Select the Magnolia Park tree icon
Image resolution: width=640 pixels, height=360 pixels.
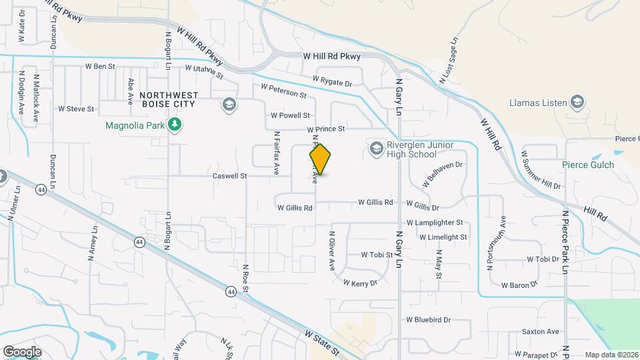click(175, 125)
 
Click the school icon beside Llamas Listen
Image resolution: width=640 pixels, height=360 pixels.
click(577, 103)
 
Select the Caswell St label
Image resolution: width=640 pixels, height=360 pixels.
click(229, 176)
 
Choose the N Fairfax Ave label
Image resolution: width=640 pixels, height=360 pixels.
click(276, 153)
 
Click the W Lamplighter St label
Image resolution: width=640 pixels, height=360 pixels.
click(439, 223)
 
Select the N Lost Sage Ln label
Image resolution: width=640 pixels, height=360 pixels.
click(449, 61)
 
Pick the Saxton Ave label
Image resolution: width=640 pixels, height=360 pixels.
click(540, 331)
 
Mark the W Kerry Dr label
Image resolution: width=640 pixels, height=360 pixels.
click(360, 283)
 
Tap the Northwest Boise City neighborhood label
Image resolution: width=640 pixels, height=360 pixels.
click(167, 99)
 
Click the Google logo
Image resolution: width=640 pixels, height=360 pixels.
click(22, 351)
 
